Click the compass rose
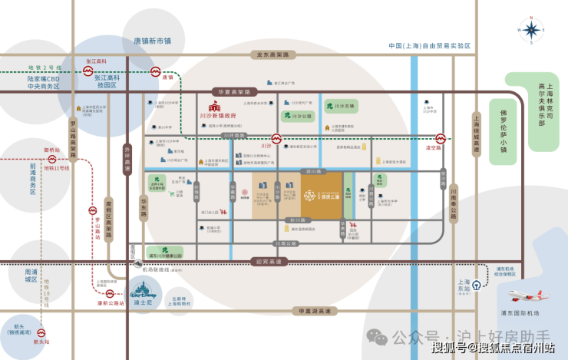click(x=530, y=31)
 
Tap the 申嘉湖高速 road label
click(x=313, y=311)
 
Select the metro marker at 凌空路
click(x=440, y=140)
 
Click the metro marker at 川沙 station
click(x=276, y=142)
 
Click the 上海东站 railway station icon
click(x=477, y=284)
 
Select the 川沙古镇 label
click(x=345, y=105)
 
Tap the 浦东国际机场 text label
click(x=522, y=313)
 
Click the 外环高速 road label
click(x=127, y=158)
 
